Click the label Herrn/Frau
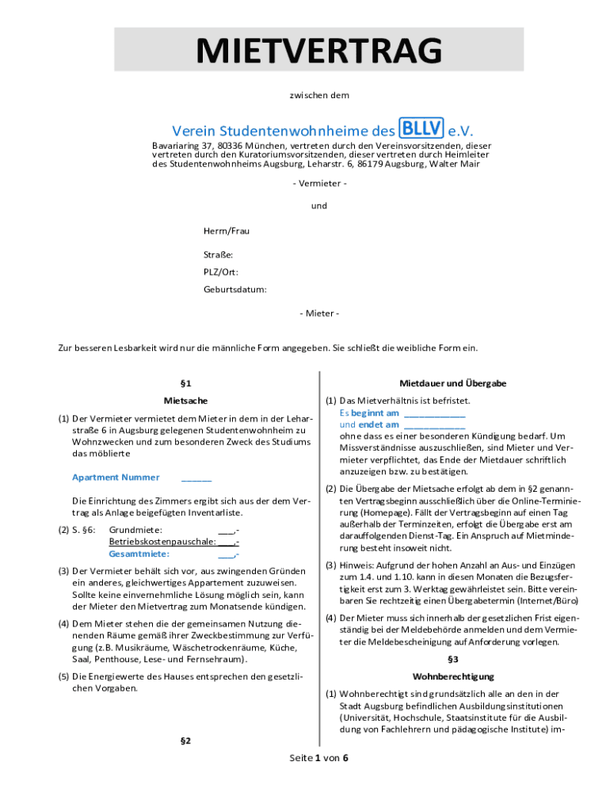click(x=227, y=230)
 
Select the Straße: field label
click(x=218, y=255)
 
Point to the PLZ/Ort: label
click(x=221, y=272)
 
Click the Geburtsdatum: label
click(x=235, y=289)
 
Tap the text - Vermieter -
click(x=319, y=184)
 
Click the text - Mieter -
click(x=319, y=314)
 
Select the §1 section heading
click(x=186, y=383)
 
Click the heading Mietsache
click(x=186, y=401)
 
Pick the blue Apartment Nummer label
click(x=116, y=477)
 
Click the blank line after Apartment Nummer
click(x=196, y=478)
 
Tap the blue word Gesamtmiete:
click(x=139, y=554)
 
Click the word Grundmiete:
click(x=135, y=530)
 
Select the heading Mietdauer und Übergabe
click(x=453, y=383)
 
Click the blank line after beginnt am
click(x=434, y=414)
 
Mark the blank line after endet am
click(x=434, y=426)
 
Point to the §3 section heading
click(x=453, y=659)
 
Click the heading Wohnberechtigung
click(x=453, y=676)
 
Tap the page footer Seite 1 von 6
click(x=318, y=758)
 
